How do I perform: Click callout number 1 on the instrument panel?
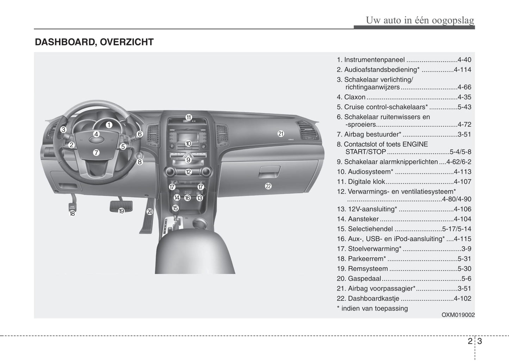tap(109, 125)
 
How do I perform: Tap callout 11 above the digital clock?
tap(188, 118)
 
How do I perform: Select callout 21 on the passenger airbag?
tap(281, 134)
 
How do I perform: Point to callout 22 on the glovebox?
tap(268, 186)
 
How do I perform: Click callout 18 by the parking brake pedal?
tap(72, 214)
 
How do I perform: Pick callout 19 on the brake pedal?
tap(121, 211)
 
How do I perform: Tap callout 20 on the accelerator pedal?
tap(150, 211)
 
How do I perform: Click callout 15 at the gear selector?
tap(175, 208)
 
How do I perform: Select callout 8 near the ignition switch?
tap(140, 162)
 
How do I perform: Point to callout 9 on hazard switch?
tap(188, 160)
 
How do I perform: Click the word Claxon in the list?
tap(355, 97)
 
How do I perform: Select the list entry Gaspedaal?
tap(364, 279)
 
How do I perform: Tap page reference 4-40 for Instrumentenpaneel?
tap(464, 60)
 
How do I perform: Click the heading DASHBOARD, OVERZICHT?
tap(94, 42)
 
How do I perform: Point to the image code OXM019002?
tap(458, 315)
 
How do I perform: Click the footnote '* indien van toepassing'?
tap(372, 309)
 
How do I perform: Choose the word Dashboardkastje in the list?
tap(373, 299)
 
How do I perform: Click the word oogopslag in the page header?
tap(452, 20)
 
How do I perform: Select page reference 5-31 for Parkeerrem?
tap(464, 259)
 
